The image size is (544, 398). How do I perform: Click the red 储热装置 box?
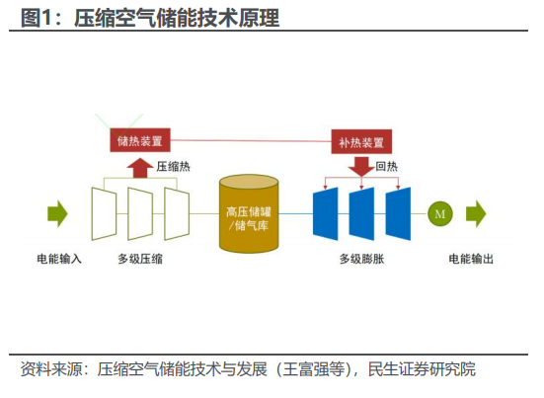pyautogui.click(x=140, y=140)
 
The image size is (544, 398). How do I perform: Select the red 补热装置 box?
pyautogui.click(x=361, y=141)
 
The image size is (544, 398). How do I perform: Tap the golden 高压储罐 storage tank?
pyautogui.click(x=249, y=213)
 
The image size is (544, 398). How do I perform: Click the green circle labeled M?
pyautogui.click(x=440, y=213)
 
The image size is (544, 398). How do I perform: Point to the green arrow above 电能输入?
pyautogui.click(x=57, y=213)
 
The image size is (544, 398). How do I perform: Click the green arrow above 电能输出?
pyautogui.click(x=476, y=213)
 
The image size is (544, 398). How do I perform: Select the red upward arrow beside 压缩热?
pyautogui.click(x=140, y=168)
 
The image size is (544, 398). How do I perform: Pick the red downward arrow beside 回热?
pyautogui.click(x=361, y=167)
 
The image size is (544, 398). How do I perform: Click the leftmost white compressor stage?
pyautogui.click(x=104, y=213)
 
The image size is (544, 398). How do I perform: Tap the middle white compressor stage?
pyautogui.click(x=140, y=213)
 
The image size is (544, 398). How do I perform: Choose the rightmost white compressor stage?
pyautogui.click(x=177, y=213)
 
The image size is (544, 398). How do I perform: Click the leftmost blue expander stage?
pyautogui.click(x=326, y=213)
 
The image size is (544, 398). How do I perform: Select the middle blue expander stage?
pyautogui.click(x=361, y=213)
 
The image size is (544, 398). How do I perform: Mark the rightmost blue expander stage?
pyautogui.click(x=398, y=213)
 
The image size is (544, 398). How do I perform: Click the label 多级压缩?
pyautogui.click(x=140, y=259)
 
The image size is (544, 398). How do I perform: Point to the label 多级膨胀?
pyautogui.click(x=361, y=259)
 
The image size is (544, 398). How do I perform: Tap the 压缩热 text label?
pyautogui.click(x=173, y=167)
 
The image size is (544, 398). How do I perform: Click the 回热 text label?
pyautogui.click(x=386, y=167)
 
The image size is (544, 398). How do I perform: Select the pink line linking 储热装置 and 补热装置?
pyautogui.click(x=251, y=140)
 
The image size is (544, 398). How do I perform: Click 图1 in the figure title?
pyautogui.click(x=36, y=18)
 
